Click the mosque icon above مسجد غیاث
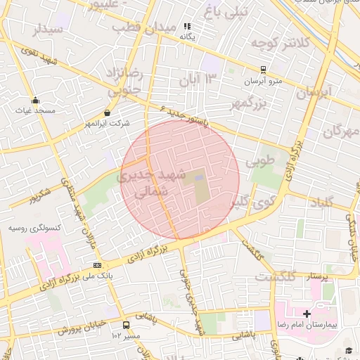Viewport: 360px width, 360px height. point(35,100)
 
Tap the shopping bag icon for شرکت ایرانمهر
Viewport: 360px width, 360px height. point(107,112)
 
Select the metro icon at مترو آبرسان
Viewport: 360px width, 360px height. point(263,70)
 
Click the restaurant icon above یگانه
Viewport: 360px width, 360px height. point(187,26)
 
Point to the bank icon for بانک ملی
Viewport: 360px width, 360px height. point(97,265)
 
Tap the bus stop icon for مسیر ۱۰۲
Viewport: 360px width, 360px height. point(126,325)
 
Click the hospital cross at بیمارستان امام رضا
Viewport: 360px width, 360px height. point(307,313)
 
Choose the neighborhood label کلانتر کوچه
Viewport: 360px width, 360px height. point(281,42)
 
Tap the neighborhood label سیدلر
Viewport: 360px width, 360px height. point(47,30)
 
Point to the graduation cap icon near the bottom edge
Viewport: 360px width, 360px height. point(349,350)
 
